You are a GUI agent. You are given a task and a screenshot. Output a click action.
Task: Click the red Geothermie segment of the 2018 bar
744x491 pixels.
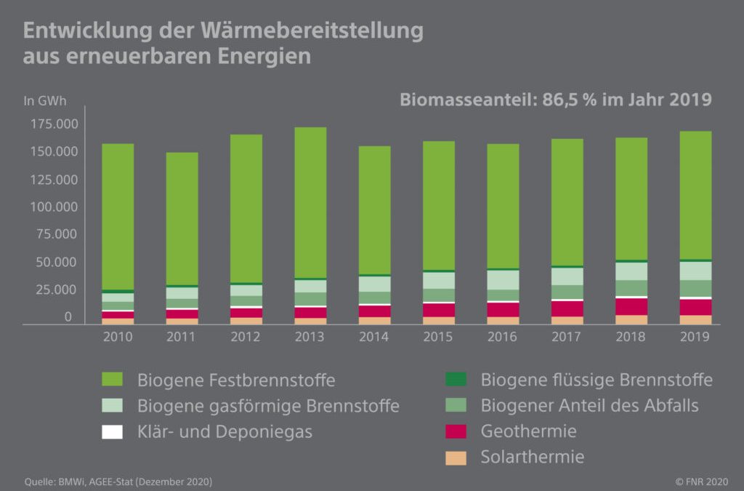[631, 306]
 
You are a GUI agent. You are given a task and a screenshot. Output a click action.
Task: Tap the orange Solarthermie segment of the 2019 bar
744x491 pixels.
[695, 319]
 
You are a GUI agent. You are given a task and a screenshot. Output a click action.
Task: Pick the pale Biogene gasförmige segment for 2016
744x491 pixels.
[503, 280]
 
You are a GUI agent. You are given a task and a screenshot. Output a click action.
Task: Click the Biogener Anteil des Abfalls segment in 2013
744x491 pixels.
[310, 299]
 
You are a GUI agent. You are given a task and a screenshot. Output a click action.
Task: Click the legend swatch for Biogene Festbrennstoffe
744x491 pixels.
[112, 380]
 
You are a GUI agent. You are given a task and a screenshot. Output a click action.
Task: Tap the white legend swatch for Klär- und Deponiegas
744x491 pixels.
[112, 431]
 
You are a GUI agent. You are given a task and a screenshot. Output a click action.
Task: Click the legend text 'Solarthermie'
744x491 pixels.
[532, 458]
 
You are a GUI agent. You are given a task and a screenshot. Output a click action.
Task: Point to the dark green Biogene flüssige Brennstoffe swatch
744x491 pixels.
[455, 380]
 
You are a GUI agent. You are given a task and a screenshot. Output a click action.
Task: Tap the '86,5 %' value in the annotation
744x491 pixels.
[569, 100]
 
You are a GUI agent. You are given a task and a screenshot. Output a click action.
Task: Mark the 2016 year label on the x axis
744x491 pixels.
[503, 337]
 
